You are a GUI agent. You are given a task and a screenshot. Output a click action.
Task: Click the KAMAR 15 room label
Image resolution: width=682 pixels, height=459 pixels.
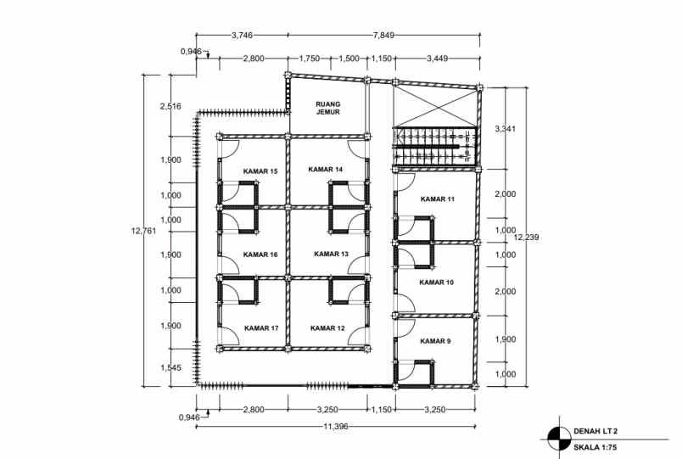click(x=260, y=171)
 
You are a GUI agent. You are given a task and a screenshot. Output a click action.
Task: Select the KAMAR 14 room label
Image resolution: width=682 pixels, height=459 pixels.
click(x=326, y=170)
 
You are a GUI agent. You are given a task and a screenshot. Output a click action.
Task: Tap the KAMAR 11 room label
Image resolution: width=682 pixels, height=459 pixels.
click(x=438, y=199)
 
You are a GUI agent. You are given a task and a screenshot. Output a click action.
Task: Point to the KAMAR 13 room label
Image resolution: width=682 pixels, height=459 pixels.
click(x=331, y=254)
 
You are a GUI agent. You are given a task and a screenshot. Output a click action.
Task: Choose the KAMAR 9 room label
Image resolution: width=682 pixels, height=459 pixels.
click(x=435, y=341)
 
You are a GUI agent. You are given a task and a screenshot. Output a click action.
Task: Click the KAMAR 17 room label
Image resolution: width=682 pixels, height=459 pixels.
click(x=261, y=327)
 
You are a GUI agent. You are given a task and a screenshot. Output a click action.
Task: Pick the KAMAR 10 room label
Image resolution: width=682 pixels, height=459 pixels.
click(x=437, y=282)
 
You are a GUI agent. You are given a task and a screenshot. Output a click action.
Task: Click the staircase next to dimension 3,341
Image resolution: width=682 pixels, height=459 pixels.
click(x=434, y=145)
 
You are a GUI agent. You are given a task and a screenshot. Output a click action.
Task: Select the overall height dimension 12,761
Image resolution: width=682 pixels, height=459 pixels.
click(x=143, y=230)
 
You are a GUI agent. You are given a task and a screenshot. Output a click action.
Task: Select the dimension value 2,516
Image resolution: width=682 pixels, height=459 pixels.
click(x=170, y=106)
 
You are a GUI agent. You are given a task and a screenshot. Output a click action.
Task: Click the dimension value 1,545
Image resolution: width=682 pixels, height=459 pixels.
click(x=170, y=367)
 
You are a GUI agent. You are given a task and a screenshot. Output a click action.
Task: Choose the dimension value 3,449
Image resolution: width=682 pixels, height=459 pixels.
click(x=437, y=59)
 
